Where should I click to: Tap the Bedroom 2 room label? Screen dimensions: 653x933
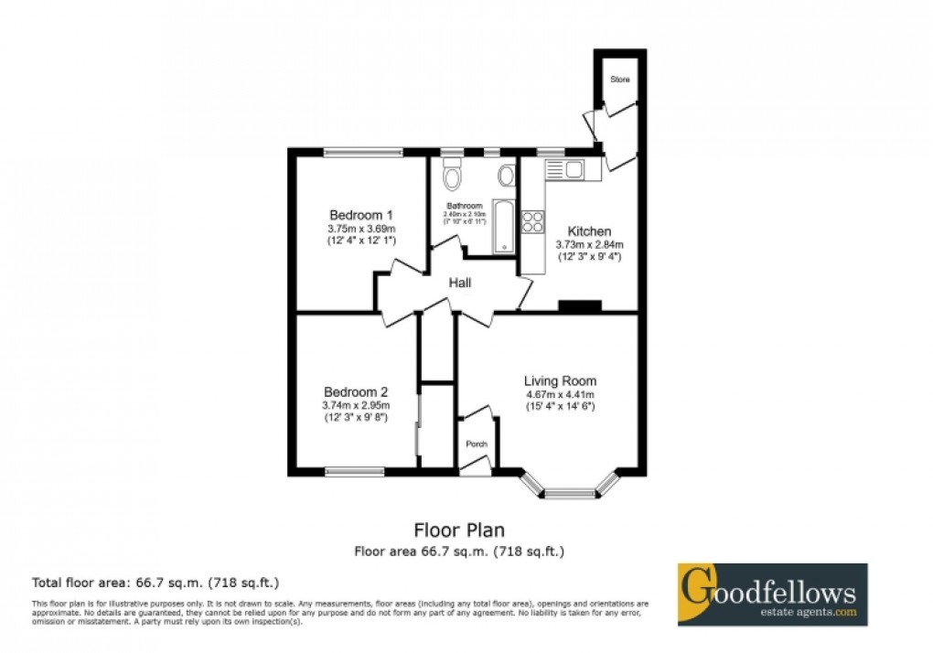[x=356, y=391]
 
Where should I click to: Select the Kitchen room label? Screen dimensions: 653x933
[x=589, y=231]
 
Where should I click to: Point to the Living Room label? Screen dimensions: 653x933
[x=560, y=380]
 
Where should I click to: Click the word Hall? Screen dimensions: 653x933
[x=460, y=284]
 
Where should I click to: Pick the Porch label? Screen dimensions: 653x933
[x=477, y=445]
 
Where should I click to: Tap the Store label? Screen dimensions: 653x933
[x=621, y=80]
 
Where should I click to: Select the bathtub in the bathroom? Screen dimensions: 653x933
[x=503, y=225]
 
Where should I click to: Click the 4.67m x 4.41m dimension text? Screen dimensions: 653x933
[x=560, y=394]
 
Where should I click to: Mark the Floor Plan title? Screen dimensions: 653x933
[x=459, y=530]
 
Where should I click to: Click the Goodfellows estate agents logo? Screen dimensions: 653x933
[x=772, y=594]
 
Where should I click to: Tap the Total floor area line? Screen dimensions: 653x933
[x=155, y=582]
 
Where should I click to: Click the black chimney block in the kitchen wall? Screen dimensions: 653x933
[x=579, y=305]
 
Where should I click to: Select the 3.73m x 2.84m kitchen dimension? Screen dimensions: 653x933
[x=589, y=244]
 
